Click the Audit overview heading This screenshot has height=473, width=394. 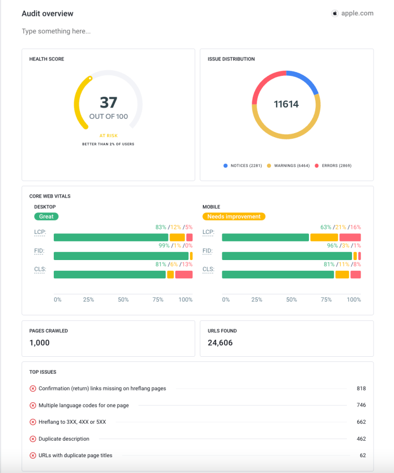point(47,14)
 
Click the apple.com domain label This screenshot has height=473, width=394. point(357,14)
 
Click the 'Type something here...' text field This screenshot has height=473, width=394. point(56,32)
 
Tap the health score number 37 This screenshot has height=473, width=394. point(108,102)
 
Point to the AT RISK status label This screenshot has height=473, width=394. point(108,136)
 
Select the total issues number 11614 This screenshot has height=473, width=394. point(286,104)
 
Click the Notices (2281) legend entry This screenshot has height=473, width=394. point(243,166)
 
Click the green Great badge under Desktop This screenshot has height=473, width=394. point(46,217)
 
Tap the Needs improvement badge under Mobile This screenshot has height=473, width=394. point(234,217)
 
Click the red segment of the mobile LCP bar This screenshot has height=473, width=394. point(350,238)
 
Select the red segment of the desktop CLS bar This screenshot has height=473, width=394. point(183,275)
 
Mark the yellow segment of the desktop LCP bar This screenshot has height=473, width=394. point(177,238)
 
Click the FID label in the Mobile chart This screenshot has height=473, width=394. point(208,251)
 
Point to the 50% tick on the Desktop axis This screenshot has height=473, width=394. point(123,300)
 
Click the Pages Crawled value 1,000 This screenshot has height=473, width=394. point(39,343)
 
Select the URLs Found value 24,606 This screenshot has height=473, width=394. point(220,343)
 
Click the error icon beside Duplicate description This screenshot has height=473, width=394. point(33,439)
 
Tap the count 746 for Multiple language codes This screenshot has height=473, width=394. point(361,405)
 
